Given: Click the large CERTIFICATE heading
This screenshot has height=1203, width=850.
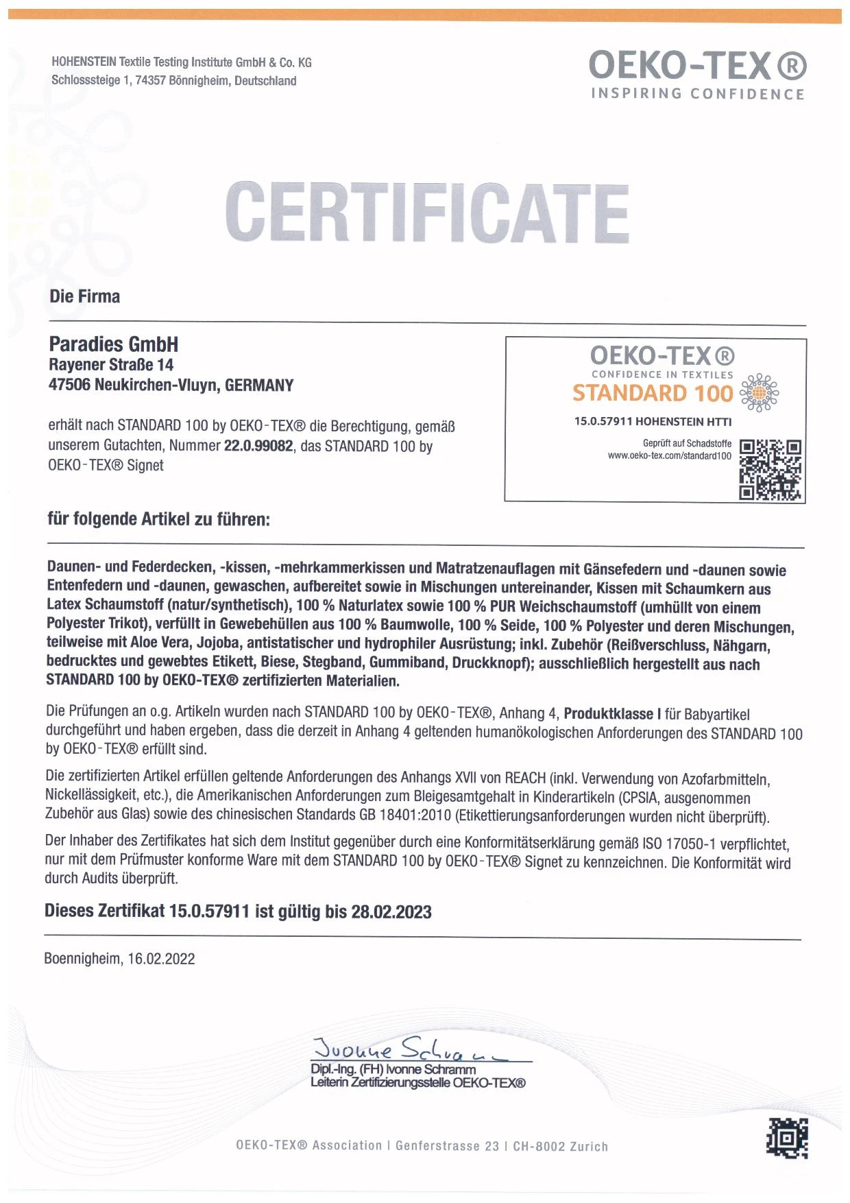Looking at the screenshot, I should click(x=426, y=212).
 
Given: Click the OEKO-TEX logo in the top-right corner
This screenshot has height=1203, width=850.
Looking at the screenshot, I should click(x=697, y=67).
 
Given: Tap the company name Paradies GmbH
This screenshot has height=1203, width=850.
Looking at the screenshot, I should click(x=114, y=344).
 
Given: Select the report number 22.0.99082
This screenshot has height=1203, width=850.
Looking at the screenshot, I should click(x=258, y=446).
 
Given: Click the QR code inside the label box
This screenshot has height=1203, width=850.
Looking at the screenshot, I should click(x=770, y=470).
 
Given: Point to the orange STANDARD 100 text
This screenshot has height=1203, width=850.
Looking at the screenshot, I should click(x=653, y=393).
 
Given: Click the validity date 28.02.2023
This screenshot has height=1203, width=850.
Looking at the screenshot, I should click(x=391, y=912).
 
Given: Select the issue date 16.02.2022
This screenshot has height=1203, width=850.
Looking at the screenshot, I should click(x=161, y=959).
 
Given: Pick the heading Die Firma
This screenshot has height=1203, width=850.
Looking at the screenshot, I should click(x=85, y=296).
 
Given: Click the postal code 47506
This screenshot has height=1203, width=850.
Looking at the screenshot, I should click(x=69, y=385).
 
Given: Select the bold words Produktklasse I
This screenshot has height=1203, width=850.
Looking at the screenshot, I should click(x=608, y=714).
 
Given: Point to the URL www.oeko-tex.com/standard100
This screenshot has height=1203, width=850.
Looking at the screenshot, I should click(x=669, y=455).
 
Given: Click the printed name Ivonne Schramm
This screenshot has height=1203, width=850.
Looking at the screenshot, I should click(x=431, y=1069).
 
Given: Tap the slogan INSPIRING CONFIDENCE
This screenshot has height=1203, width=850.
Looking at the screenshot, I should click(x=698, y=94).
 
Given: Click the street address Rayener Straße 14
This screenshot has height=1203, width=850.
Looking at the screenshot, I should click(x=111, y=365).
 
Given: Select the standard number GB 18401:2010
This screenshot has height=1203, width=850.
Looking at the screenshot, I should click(x=404, y=815).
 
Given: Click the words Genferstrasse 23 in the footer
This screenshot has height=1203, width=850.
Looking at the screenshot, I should click(x=447, y=1146).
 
